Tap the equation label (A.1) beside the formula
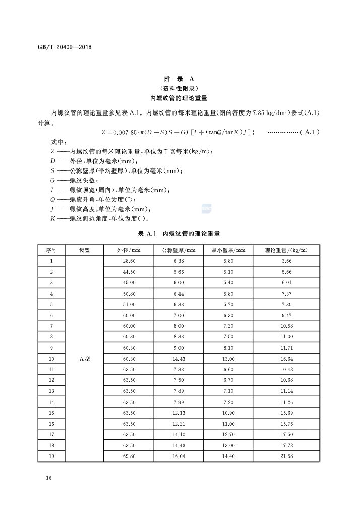(309, 132)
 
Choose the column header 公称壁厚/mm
(178, 250)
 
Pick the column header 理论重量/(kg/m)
(286, 250)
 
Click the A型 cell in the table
(84, 359)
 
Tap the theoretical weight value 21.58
(286, 456)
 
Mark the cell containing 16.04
(178, 456)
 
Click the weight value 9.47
(286, 315)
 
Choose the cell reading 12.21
(178, 424)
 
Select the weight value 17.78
(286, 445)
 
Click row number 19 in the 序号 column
(51, 456)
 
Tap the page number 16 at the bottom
(48, 477)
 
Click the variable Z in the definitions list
(53, 152)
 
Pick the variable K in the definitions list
(53, 218)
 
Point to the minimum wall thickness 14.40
(228, 456)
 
